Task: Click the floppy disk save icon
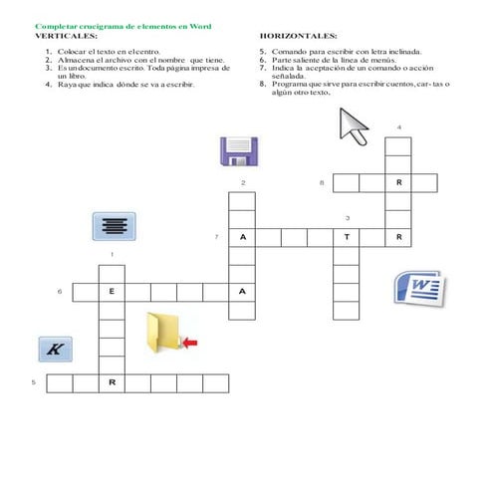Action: [x=238, y=151]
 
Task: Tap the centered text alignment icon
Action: [x=114, y=225]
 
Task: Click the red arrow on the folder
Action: [x=189, y=342]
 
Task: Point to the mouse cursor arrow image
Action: [x=354, y=125]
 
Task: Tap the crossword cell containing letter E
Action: [x=112, y=292]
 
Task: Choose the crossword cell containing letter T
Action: [x=347, y=238]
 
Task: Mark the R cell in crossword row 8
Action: [x=398, y=183]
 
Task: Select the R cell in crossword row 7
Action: [x=398, y=238]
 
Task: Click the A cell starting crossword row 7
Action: [x=242, y=238]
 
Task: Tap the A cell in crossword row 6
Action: [x=242, y=292]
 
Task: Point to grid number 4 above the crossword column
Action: [x=398, y=127]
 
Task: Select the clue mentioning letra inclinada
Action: [x=349, y=49]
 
